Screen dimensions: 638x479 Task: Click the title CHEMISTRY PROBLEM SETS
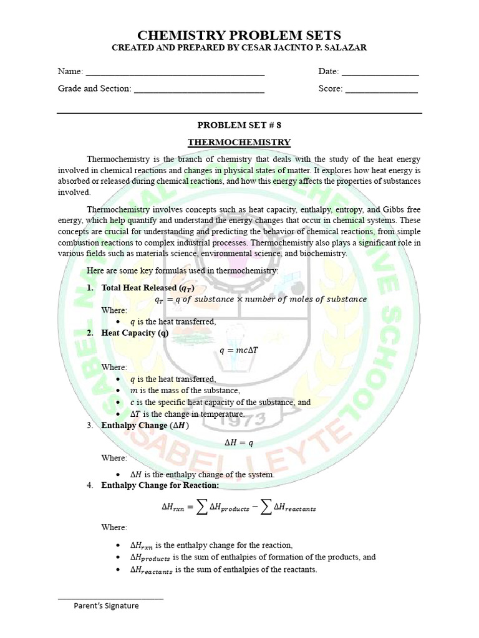coord(239,35)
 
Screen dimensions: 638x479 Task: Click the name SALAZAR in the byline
coord(346,48)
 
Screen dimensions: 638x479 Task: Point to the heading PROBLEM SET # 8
coord(239,125)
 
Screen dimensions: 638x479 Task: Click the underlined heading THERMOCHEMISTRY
coord(239,142)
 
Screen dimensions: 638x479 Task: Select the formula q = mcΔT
coord(239,350)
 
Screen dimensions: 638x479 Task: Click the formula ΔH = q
coord(239,442)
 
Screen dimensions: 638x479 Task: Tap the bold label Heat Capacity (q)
coord(135,333)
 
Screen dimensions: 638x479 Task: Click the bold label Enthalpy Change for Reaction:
coord(160,485)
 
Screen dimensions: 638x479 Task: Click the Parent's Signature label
coord(106,606)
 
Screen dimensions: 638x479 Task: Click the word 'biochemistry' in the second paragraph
coord(324,254)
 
